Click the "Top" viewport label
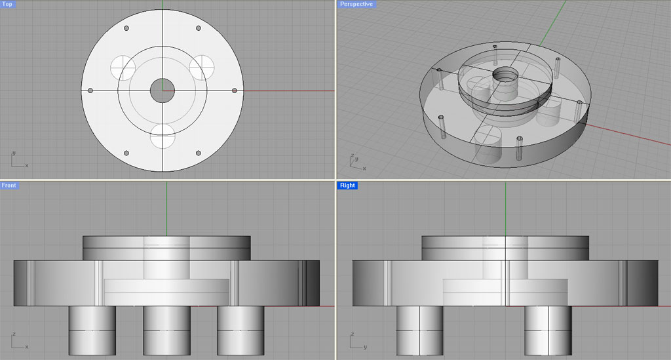click(7, 5)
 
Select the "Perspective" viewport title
click(356, 5)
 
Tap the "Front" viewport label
click(9, 186)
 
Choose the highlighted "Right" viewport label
click(347, 186)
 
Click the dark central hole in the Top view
click(163, 90)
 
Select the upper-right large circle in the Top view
click(202, 66)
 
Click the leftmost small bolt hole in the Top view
click(90, 90)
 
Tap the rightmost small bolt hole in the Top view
click(235, 90)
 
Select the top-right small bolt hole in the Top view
click(199, 28)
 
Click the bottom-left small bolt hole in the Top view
click(126, 153)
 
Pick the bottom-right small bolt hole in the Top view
click(199, 153)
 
